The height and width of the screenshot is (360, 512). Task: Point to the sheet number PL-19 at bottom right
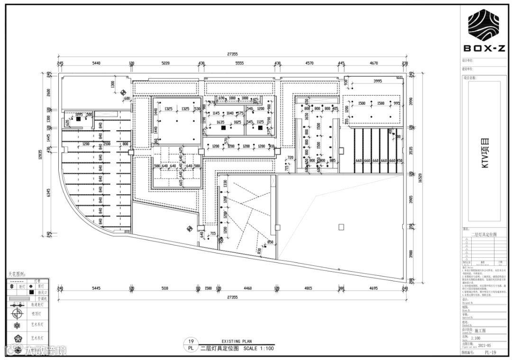click(x=490, y=353)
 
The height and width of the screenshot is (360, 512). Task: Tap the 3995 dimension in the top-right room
click(x=377, y=81)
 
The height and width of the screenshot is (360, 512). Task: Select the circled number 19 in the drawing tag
click(x=191, y=341)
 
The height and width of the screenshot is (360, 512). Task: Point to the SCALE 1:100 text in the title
click(x=259, y=349)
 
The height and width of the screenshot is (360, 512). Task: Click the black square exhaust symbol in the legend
click(x=32, y=292)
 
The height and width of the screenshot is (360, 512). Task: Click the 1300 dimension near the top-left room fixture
click(x=112, y=85)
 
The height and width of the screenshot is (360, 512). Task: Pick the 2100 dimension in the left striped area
click(x=108, y=144)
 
